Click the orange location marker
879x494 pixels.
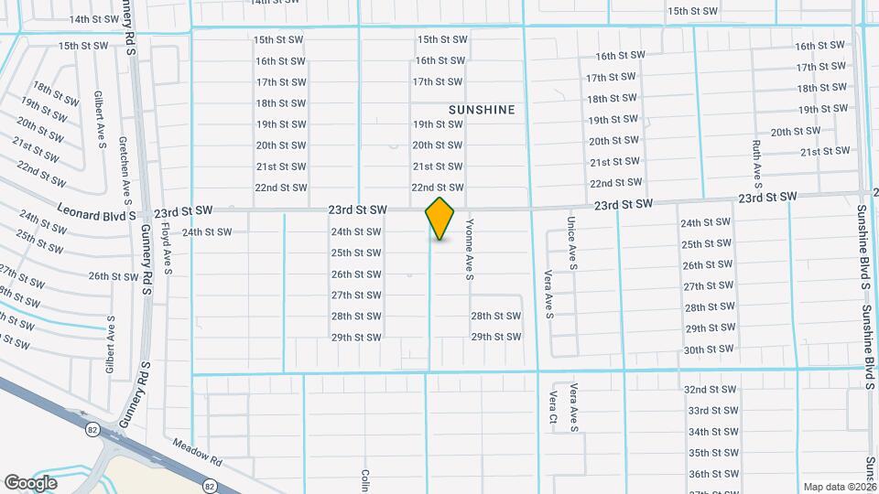pyautogui.click(x=439, y=218)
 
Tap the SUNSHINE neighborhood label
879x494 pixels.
pyautogui.click(x=482, y=110)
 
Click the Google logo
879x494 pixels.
pyautogui.click(x=30, y=482)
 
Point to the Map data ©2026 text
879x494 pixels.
pyautogui.click(x=839, y=487)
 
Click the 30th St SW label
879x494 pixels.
pyautogui.click(x=707, y=349)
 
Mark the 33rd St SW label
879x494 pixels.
pyautogui.click(x=711, y=411)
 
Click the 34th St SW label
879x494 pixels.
pyautogui.click(x=711, y=432)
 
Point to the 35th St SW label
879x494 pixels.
pyautogui.click(x=711, y=453)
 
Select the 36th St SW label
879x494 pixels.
pyautogui.click(x=711, y=474)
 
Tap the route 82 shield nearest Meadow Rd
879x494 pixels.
pyautogui.click(x=211, y=485)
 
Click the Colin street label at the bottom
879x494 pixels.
pyautogui.click(x=364, y=480)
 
